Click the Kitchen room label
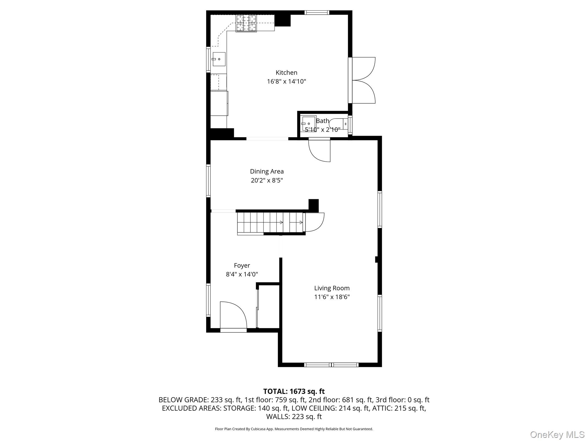coord(286,73)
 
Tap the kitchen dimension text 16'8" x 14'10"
coord(286,82)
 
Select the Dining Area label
coord(267,171)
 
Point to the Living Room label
coord(332,288)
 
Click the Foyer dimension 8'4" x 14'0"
coord(242,274)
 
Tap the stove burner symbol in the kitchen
coord(246,23)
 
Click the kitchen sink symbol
coord(219,59)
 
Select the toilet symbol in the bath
coord(338,124)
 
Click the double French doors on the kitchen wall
coord(362,80)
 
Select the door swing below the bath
coord(319,150)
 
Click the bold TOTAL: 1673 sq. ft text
coord(294,391)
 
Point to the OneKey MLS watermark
coord(557,434)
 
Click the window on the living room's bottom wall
coord(331,365)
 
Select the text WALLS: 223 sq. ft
coord(294,417)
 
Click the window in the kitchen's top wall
coord(317,12)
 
